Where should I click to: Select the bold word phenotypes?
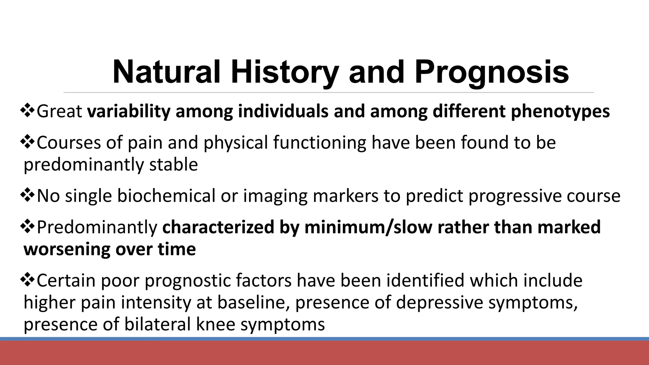[x=560, y=112]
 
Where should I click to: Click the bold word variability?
[x=129, y=112]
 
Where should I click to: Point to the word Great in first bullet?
[x=60, y=112]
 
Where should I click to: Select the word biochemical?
[x=166, y=196]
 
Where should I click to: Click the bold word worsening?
[x=67, y=249]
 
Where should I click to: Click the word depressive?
[x=439, y=303]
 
